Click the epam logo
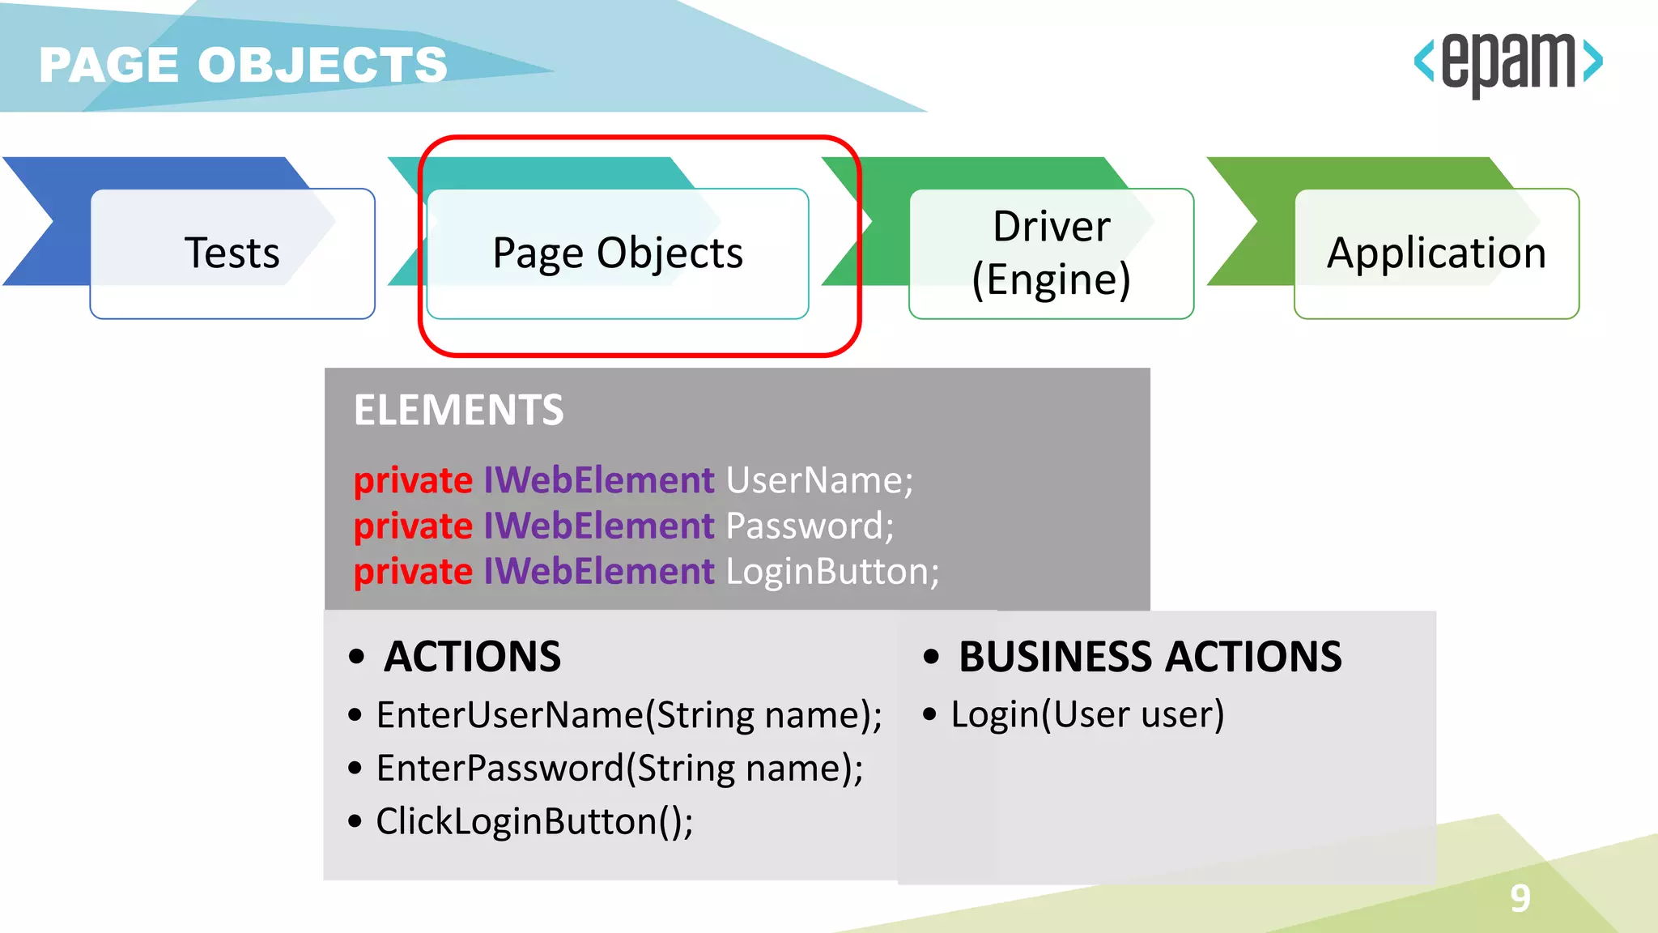(x=1507, y=63)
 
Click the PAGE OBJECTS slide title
(x=243, y=65)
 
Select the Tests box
(x=232, y=253)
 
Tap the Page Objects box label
(x=618, y=253)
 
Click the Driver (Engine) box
(x=1051, y=253)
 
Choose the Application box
(x=1436, y=253)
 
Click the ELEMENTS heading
(x=458, y=410)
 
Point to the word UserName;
(x=819, y=480)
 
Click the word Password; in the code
(x=810, y=526)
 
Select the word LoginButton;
(x=832, y=572)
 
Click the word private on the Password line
(x=413, y=526)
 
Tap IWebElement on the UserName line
(x=599, y=480)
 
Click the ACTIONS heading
(x=472, y=656)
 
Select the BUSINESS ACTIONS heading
(x=1150, y=656)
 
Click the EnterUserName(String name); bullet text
(x=629, y=715)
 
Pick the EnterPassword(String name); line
(x=619, y=768)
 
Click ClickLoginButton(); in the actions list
(x=534, y=821)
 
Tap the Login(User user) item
(x=1087, y=714)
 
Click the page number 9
(x=1520, y=898)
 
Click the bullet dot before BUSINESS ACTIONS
(x=931, y=656)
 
